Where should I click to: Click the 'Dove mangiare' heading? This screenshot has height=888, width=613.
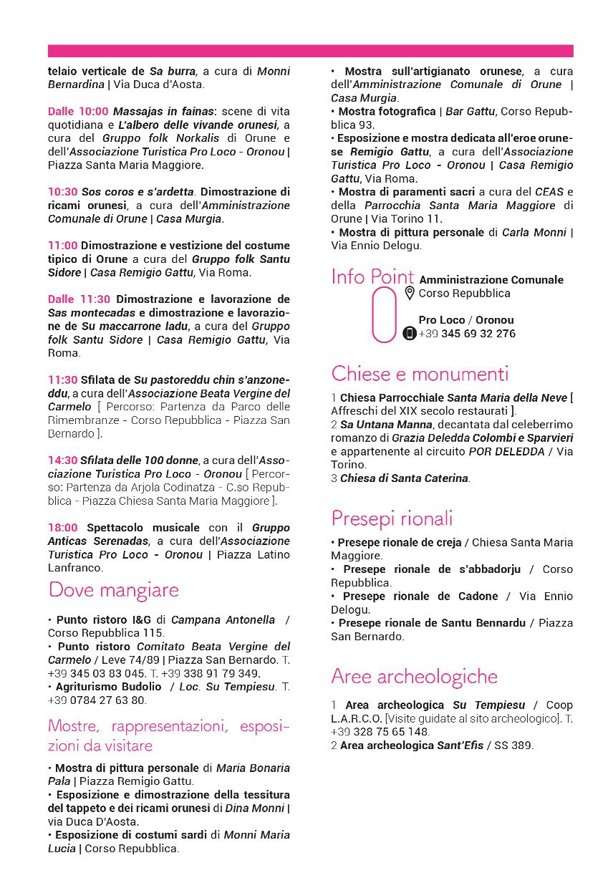pyautogui.click(x=113, y=590)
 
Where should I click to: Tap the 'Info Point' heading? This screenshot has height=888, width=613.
pyautogui.click(x=372, y=277)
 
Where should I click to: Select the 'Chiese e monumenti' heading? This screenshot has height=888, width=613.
pyautogui.click(x=420, y=374)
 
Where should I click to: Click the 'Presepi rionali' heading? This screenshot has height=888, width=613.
pyautogui.click(x=392, y=518)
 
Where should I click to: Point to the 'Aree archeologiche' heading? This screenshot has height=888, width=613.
pyautogui.click(x=414, y=676)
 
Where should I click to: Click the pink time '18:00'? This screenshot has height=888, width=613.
pyautogui.click(x=63, y=528)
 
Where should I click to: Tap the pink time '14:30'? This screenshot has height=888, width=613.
pyautogui.click(x=63, y=460)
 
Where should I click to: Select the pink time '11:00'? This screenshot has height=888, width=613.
pyautogui.click(x=63, y=246)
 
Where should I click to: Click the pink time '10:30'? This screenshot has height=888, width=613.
pyautogui.click(x=63, y=192)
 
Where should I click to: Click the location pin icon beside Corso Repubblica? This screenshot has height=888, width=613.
pyautogui.click(x=410, y=293)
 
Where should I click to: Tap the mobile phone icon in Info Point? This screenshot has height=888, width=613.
pyautogui.click(x=410, y=334)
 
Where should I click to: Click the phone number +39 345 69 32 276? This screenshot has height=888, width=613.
pyautogui.click(x=467, y=334)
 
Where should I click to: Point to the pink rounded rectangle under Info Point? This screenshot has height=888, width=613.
pyautogui.click(x=384, y=315)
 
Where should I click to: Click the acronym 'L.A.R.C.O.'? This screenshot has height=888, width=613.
pyautogui.click(x=357, y=718)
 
